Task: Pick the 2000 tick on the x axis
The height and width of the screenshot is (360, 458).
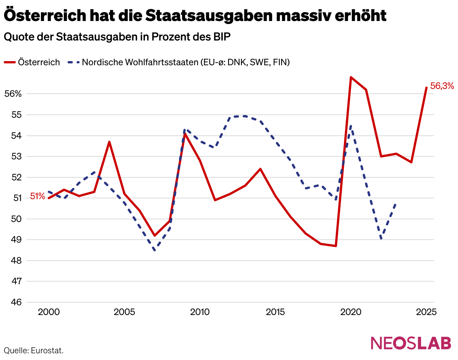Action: tap(49, 312)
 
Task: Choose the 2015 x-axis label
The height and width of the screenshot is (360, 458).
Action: tap(275, 312)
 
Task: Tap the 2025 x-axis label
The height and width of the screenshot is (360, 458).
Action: tap(426, 312)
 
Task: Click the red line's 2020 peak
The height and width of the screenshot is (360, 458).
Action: tap(351, 77)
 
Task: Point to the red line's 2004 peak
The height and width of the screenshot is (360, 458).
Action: tap(109, 142)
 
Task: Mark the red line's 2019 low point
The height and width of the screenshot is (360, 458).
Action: tap(336, 246)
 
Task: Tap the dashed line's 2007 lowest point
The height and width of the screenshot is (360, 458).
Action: tap(154, 250)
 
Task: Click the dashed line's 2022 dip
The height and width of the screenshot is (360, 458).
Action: tap(381, 239)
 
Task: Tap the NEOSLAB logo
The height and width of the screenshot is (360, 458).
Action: tap(411, 343)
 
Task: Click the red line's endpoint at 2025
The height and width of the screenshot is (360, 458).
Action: tap(426, 87)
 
